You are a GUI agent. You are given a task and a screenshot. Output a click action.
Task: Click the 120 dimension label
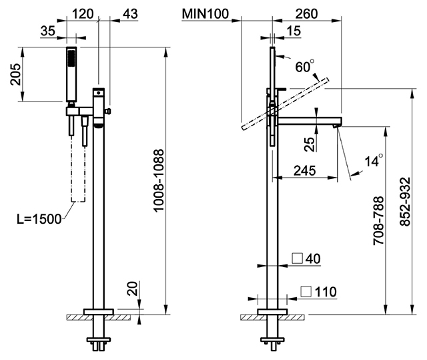(83, 13)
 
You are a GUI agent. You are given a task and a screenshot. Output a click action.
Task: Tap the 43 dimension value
(131, 13)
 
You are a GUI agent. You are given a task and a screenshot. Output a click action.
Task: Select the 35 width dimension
(48, 31)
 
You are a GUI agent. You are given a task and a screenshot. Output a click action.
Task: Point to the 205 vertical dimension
(15, 74)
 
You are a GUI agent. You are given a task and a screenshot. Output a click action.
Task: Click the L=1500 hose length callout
(39, 219)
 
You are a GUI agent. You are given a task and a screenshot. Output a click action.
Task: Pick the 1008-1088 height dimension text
(159, 180)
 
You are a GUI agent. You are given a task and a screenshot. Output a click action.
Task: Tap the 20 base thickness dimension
(133, 289)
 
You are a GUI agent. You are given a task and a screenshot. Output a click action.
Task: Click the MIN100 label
(205, 13)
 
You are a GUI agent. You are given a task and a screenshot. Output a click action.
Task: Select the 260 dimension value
(307, 13)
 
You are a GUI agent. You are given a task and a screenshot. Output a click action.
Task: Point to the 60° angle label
(304, 66)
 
